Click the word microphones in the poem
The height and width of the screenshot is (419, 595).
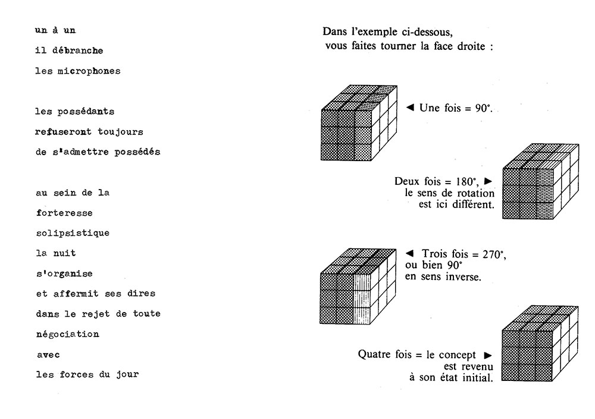click(x=89, y=71)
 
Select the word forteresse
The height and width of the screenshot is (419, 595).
click(x=64, y=213)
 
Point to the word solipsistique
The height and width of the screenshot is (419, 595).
click(x=73, y=233)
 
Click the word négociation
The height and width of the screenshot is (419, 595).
click(x=68, y=334)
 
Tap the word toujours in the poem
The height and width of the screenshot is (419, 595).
click(x=120, y=132)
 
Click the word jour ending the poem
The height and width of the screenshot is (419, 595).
click(x=127, y=374)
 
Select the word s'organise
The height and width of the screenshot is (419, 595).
click(x=64, y=273)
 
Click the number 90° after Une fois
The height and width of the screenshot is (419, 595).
click(x=484, y=108)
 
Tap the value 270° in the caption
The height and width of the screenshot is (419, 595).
click(x=494, y=254)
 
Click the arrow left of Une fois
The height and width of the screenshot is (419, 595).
click(x=410, y=108)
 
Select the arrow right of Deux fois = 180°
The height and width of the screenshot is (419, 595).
click(x=488, y=181)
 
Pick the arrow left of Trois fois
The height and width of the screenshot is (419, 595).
click(x=409, y=253)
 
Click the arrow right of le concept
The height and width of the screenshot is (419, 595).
click(x=488, y=355)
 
